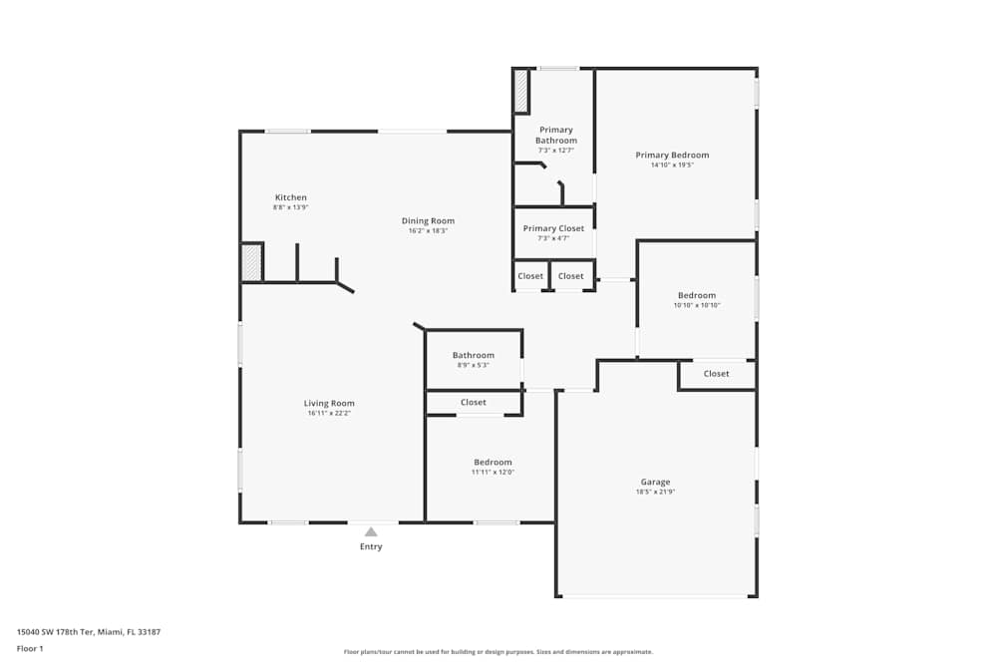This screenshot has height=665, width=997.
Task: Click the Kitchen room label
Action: coord(290,197)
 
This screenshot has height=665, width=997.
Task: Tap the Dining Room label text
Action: coord(428,220)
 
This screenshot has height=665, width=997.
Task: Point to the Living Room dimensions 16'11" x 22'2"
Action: coord(329,413)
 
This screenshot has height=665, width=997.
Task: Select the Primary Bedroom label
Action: coord(672,155)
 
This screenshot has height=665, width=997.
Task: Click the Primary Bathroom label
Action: coord(555,136)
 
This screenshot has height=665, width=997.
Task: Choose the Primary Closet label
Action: coord(553,228)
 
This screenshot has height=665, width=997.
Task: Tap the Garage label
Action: coord(655,482)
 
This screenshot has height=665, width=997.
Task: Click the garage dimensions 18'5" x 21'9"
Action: coord(655,492)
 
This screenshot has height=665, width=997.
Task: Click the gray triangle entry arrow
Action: coord(371,532)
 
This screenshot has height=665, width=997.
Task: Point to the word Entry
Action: coord(371,546)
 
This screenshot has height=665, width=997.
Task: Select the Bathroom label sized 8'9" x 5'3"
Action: coord(473,355)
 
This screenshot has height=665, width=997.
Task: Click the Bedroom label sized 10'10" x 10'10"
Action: coord(696,295)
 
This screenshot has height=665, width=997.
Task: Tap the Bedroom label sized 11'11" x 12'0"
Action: coord(493,462)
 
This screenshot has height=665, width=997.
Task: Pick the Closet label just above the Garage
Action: coord(716,374)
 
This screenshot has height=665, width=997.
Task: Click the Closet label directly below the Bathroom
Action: coord(473,402)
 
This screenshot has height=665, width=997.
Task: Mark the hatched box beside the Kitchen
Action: coord(251,262)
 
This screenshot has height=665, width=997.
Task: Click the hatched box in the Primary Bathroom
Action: coord(520,91)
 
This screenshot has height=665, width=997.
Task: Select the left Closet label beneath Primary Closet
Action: coord(530,276)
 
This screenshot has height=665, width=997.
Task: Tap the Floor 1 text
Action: coord(30,648)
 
